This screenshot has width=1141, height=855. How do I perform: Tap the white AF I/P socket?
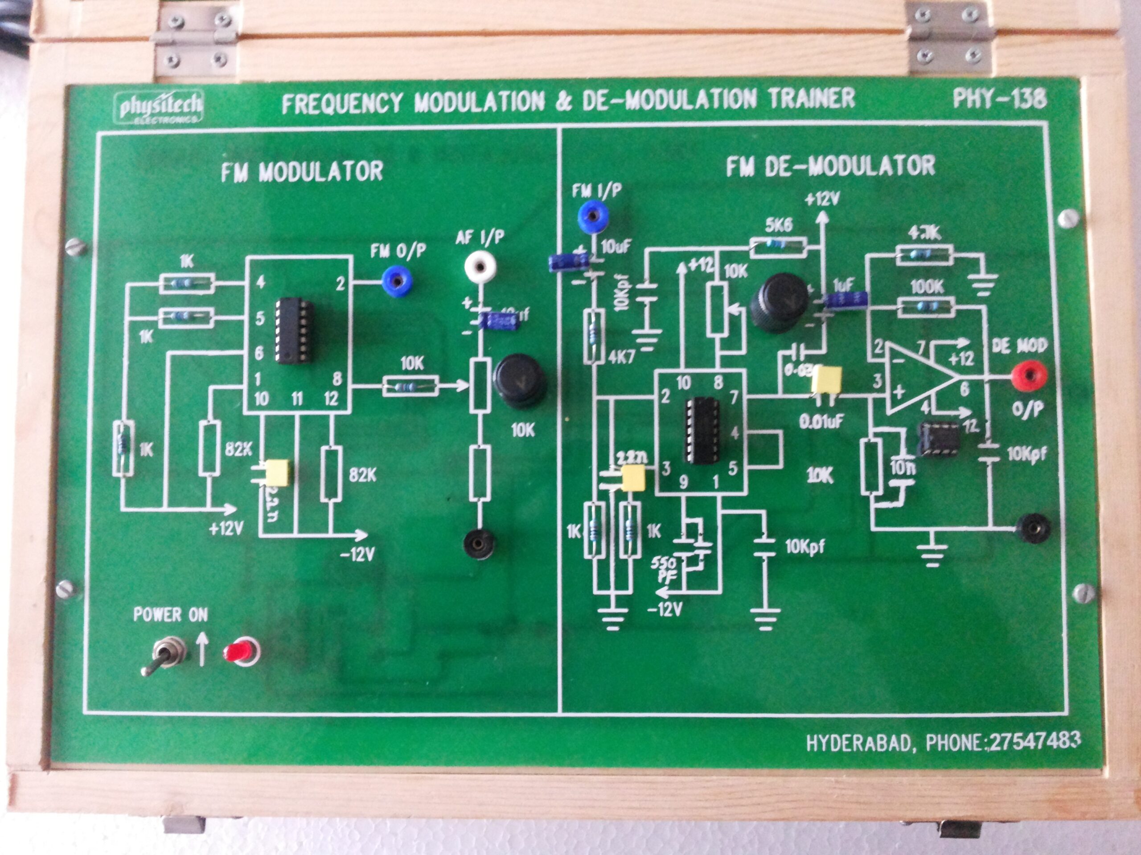480,266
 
